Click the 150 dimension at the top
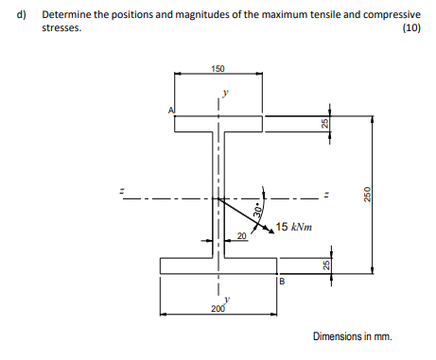[x=218, y=69]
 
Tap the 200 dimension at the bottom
[x=218, y=309]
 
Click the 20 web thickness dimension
[x=241, y=235]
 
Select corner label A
[x=170, y=110]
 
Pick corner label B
[x=281, y=281]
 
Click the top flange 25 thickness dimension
[x=324, y=125]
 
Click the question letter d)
[x=20, y=15]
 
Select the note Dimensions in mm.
[x=351, y=336]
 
